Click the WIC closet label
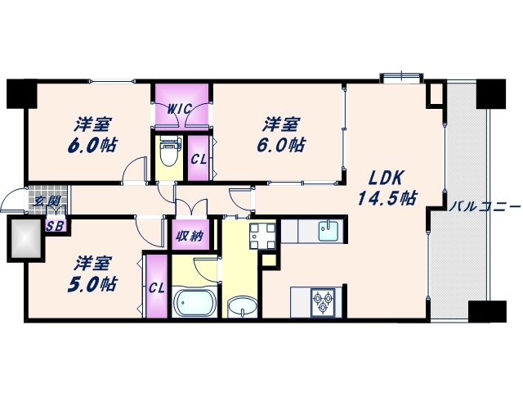coord(179,109)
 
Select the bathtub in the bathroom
coord(194,303)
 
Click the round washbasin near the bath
coord(243,307)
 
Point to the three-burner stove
coord(323,302)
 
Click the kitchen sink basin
coord(329,231)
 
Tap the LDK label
coord(387,178)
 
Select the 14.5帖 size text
coord(387,198)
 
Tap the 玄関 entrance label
coord(47,201)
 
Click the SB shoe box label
coord(55,226)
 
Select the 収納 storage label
coord(190,237)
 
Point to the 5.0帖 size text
coord(92,285)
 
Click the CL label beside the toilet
coord(199,160)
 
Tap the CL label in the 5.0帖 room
coord(157,288)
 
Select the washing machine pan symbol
coord(262,237)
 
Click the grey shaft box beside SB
coord(25,238)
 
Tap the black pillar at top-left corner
coord(22,94)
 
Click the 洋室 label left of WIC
coord(92,124)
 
